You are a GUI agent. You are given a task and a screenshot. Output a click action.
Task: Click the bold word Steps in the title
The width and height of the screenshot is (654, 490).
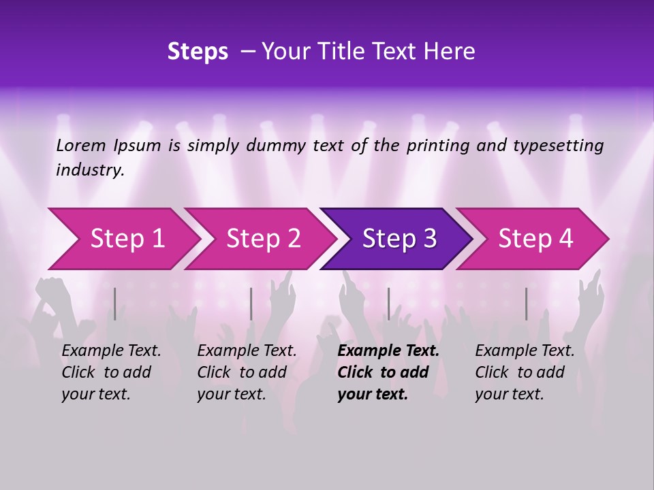(x=198, y=52)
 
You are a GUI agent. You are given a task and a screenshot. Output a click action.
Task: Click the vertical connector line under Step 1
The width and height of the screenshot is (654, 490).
(x=115, y=304)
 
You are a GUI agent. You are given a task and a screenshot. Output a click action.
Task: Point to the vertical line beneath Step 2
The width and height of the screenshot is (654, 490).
(x=251, y=304)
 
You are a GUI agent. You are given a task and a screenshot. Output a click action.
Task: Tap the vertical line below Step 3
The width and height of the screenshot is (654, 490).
(x=388, y=304)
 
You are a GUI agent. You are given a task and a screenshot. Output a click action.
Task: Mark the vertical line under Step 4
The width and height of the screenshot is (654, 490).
(x=526, y=304)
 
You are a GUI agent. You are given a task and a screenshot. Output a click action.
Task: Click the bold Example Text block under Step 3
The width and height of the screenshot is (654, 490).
(x=388, y=372)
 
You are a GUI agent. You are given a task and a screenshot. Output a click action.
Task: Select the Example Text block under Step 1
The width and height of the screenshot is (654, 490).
(x=111, y=372)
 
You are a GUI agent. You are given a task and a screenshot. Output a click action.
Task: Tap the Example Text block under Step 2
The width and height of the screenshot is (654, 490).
(x=247, y=372)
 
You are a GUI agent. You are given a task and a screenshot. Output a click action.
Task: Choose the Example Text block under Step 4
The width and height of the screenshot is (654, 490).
(x=525, y=372)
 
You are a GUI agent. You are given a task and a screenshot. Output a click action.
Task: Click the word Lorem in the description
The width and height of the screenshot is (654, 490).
(x=81, y=146)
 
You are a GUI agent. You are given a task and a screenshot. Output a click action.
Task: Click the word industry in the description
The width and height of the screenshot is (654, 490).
(x=89, y=170)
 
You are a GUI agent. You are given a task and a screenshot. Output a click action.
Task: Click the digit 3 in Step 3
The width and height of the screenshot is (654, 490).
(x=429, y=238)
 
